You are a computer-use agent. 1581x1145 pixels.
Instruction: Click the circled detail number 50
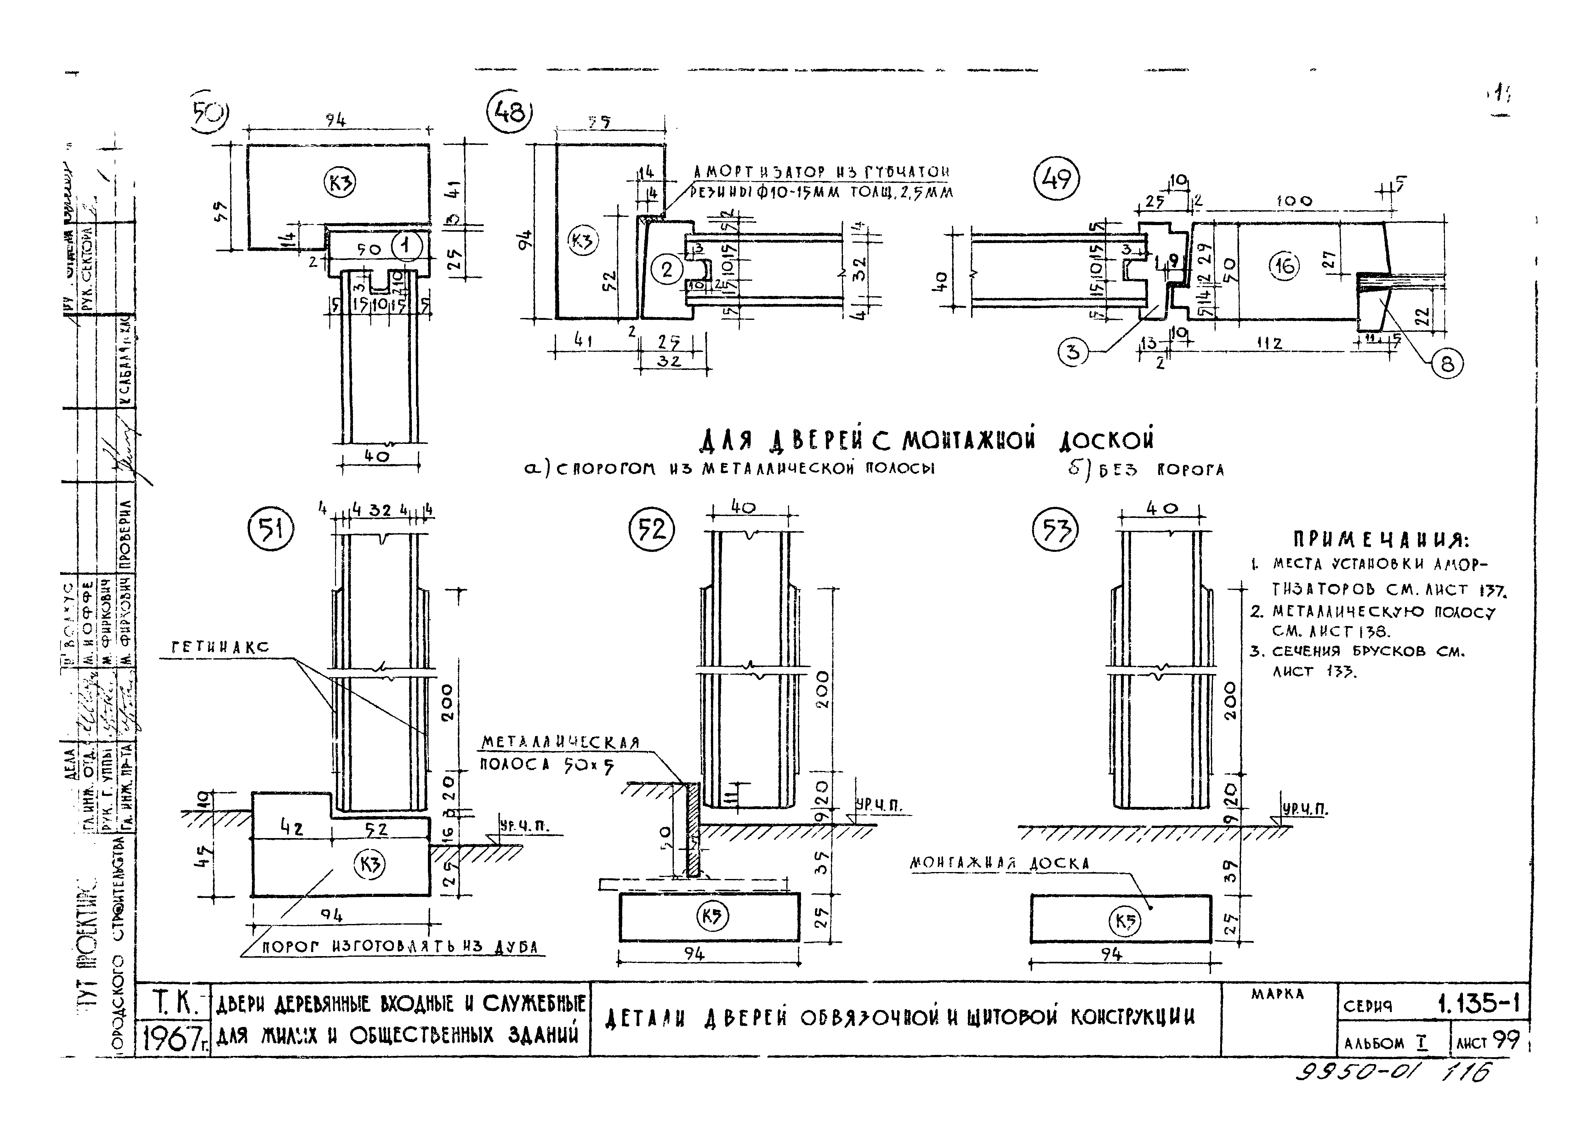(x=208, y=111)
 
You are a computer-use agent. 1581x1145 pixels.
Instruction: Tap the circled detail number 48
(x=509, y=111)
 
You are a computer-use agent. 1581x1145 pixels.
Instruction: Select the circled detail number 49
(x=1056, y=179)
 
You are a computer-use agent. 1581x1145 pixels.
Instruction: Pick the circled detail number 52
(x=652, y=530)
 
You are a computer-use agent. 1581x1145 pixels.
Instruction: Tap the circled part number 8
(x=1447, y=364)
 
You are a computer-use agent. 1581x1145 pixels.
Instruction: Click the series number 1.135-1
(x=1478, y=1004)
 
